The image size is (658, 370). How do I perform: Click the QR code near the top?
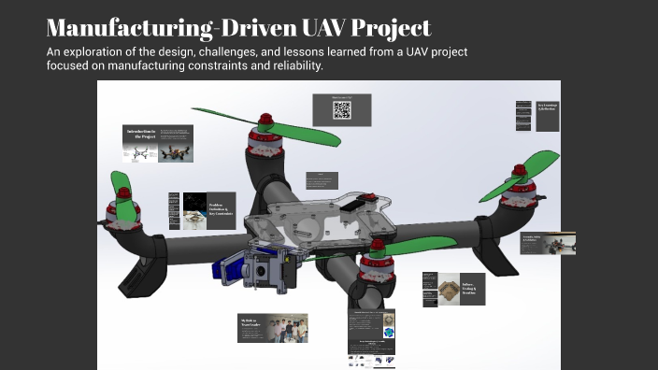(342, 110)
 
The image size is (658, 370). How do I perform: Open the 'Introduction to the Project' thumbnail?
(158, 143)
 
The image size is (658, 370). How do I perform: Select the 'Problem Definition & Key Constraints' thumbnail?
(202, 210)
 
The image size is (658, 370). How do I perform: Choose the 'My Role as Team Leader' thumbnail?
(272, 327)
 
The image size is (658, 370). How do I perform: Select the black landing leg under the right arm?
(504, 251)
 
